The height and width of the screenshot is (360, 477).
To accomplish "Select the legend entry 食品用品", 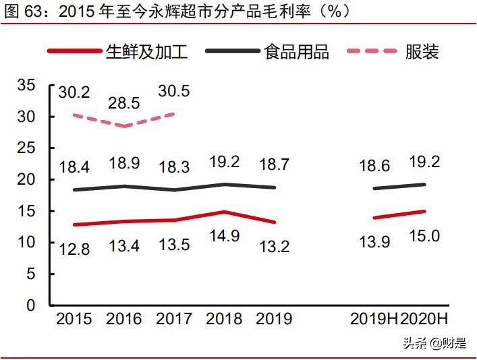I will point(297,52).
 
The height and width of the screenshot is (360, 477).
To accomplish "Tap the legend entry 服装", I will point(422,52).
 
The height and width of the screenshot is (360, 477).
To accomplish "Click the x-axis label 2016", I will point(123,319).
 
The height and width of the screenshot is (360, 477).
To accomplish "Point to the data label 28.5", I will point(124,103).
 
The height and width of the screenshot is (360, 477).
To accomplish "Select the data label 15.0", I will point(424,236).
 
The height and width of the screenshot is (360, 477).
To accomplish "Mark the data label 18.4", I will point(74,166).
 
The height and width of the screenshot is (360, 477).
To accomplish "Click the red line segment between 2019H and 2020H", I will point(399,214).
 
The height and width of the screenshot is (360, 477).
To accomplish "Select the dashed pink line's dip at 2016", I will point(123,126).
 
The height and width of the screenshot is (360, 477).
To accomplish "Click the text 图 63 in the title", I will point(22,11).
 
